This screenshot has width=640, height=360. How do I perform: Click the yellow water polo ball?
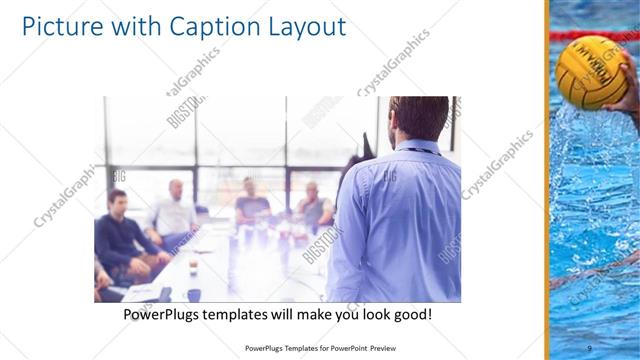tap(590, 70)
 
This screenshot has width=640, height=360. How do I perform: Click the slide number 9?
tap(589, 347)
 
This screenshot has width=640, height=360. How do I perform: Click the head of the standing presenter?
tap(418, 118)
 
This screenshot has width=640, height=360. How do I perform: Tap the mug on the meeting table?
tap(194, 265)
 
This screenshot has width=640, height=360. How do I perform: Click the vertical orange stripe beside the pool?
tap(547, 180)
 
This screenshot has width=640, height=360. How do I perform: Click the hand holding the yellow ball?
tap(628, 95)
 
